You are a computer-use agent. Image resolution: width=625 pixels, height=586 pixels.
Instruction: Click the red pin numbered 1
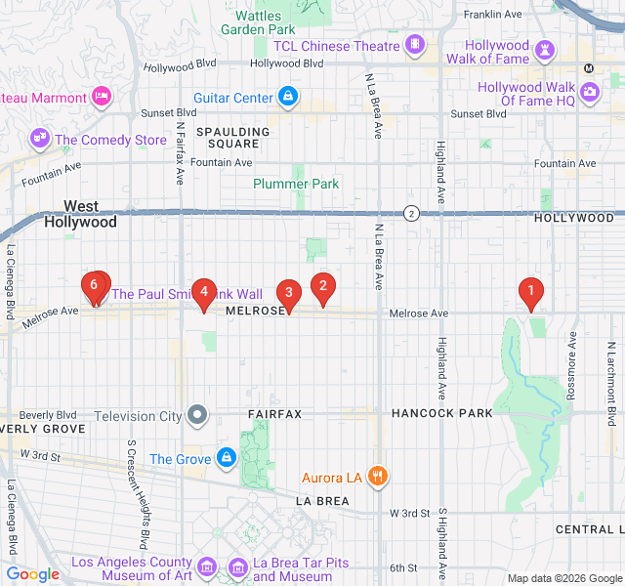point(531,291)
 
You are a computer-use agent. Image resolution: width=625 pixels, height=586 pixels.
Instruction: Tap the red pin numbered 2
point(322,286)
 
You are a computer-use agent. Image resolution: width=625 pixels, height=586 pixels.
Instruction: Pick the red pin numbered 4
point(203,291)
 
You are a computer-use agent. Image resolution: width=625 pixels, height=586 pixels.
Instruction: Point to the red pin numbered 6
point(95,286)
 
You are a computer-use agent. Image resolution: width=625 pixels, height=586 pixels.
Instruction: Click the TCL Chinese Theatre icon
point(416,45)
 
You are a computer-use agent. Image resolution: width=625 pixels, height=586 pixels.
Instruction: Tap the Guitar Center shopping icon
point(287,97)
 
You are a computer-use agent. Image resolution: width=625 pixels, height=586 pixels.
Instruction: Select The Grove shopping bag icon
point(226,457)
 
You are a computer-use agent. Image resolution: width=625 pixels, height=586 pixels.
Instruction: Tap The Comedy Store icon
point(40,139)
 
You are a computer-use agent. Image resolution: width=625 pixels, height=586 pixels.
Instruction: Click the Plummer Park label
point(296,184)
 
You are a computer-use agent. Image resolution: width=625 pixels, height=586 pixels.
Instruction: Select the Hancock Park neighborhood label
point(442,413)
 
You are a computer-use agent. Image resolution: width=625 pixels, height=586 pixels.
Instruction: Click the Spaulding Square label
point(232,137)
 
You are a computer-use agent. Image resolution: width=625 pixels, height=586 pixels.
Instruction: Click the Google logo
point(32,574)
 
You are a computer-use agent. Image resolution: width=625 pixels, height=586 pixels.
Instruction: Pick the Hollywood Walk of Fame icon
point(545,51)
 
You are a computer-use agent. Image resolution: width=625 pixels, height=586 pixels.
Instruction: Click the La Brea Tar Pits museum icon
point(238,567)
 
